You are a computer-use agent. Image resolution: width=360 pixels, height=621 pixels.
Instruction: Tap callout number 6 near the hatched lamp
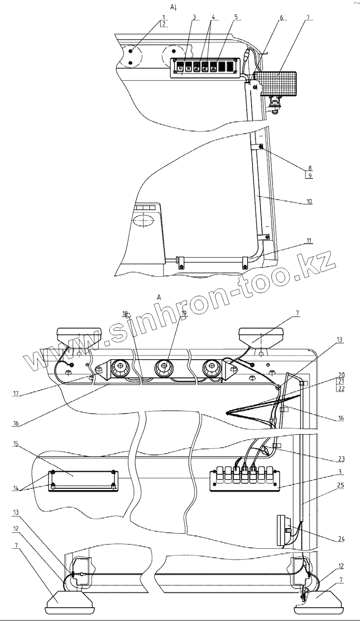tap(281, 18)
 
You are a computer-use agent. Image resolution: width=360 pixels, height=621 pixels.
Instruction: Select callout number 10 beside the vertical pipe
tap(309, 201)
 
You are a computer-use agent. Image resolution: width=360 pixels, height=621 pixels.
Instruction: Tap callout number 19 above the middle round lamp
tap(184, 313)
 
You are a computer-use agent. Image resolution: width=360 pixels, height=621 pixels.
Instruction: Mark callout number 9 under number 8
tap(310, 175)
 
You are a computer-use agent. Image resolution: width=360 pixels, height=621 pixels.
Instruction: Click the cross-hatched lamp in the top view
tap(276, 83)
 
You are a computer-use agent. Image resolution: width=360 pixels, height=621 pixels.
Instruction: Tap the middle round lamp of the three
tap(164, 366)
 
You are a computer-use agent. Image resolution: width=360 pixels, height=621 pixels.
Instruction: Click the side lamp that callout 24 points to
tap(284, 529)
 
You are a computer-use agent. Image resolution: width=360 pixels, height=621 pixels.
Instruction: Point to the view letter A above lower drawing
tap(159, 298)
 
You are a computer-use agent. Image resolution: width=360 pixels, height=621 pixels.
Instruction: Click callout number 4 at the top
tap(213, 17)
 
